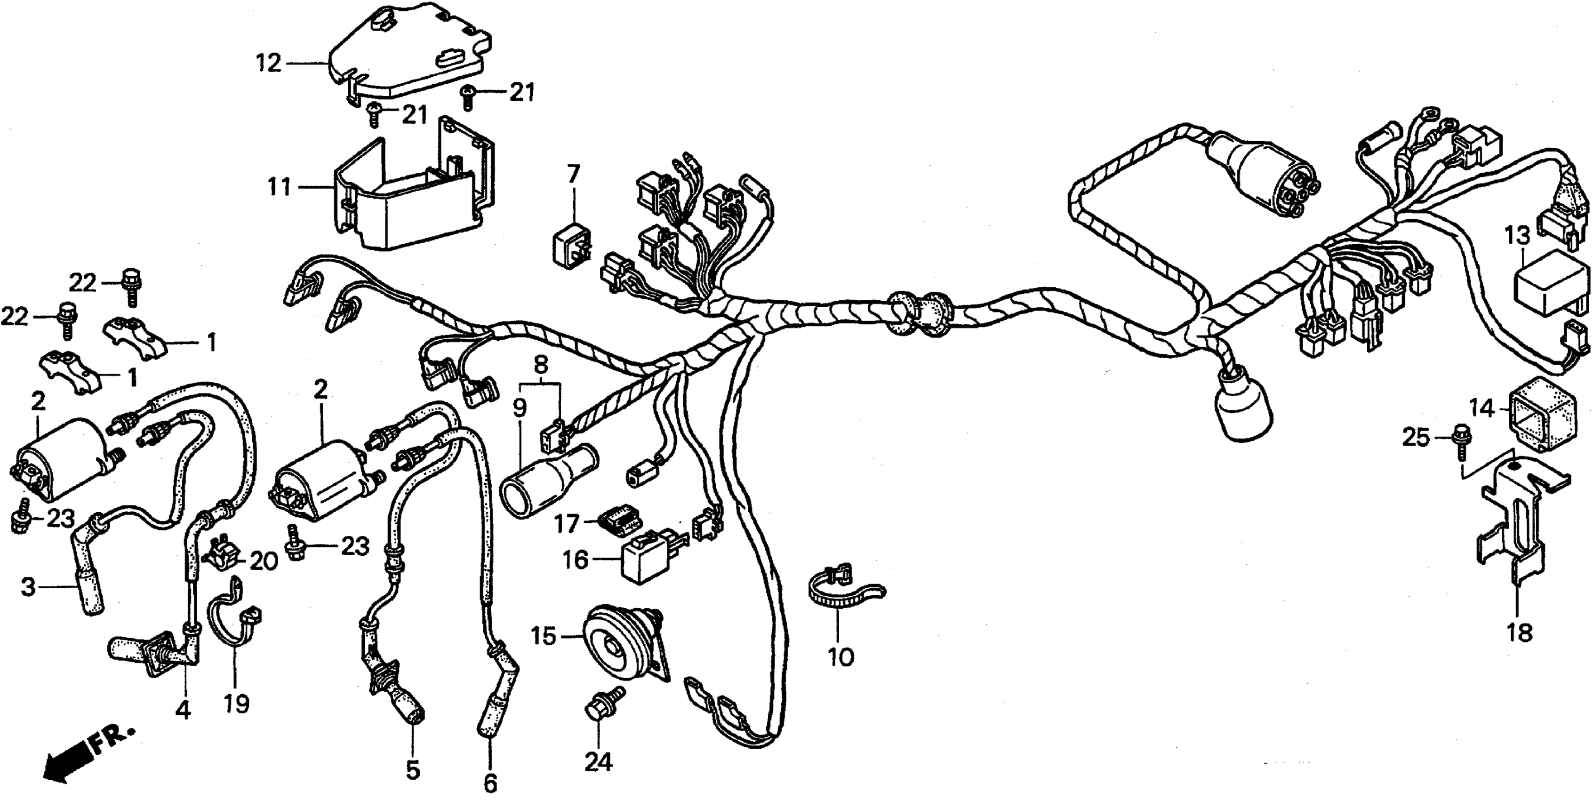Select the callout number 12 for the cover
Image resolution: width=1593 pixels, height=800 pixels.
pos(270,63)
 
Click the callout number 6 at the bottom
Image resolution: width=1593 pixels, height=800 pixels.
pos(490,784)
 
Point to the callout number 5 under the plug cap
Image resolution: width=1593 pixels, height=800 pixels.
pos(412,770)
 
